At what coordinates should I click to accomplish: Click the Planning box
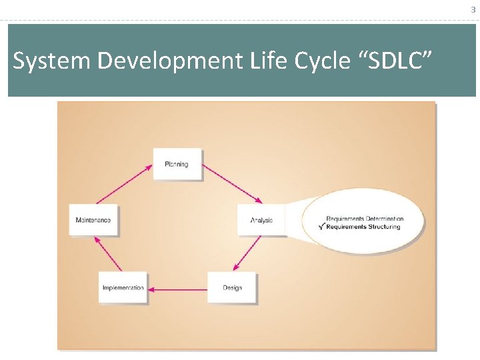click(x=177, y=164)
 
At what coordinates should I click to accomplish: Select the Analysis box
click(x=261, y=220)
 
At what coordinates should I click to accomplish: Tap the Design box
click(x=232, y=288)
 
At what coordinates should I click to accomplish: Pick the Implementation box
click(x=123, y=288)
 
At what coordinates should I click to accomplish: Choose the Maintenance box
click(x=93, y=220)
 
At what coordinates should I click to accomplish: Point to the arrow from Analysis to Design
click(x=248, y=253)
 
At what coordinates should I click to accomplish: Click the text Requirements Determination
click(x=365, y=219)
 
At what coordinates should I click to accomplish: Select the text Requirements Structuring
click(x=365, y=227)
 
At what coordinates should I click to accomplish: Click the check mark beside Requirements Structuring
click(x=323, y=227)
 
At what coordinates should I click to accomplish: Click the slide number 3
click(x=473, y=9)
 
